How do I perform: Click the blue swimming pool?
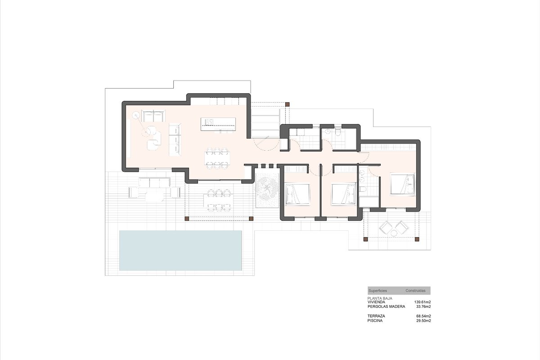point(180,250)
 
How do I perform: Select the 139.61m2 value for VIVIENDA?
point(423,302)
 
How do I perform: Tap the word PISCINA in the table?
point(375,321)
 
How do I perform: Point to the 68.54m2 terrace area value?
point(423,316)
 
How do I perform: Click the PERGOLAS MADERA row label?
point(386,307)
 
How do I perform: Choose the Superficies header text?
point(378,291)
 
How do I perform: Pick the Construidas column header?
point(415,291)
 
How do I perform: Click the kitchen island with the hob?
point(218,124)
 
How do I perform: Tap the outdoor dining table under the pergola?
point(219,200)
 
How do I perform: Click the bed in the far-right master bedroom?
point(402,184)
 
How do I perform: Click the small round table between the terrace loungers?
point(394,233)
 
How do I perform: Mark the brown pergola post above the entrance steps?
point(288,104)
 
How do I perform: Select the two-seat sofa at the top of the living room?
point(153,116)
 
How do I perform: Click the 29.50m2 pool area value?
point(423,321)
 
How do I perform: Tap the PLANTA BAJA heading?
point(380,298)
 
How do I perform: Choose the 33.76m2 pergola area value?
point(423,307)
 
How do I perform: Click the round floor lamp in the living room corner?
point(136,115)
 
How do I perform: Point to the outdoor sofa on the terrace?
point(154,183)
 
